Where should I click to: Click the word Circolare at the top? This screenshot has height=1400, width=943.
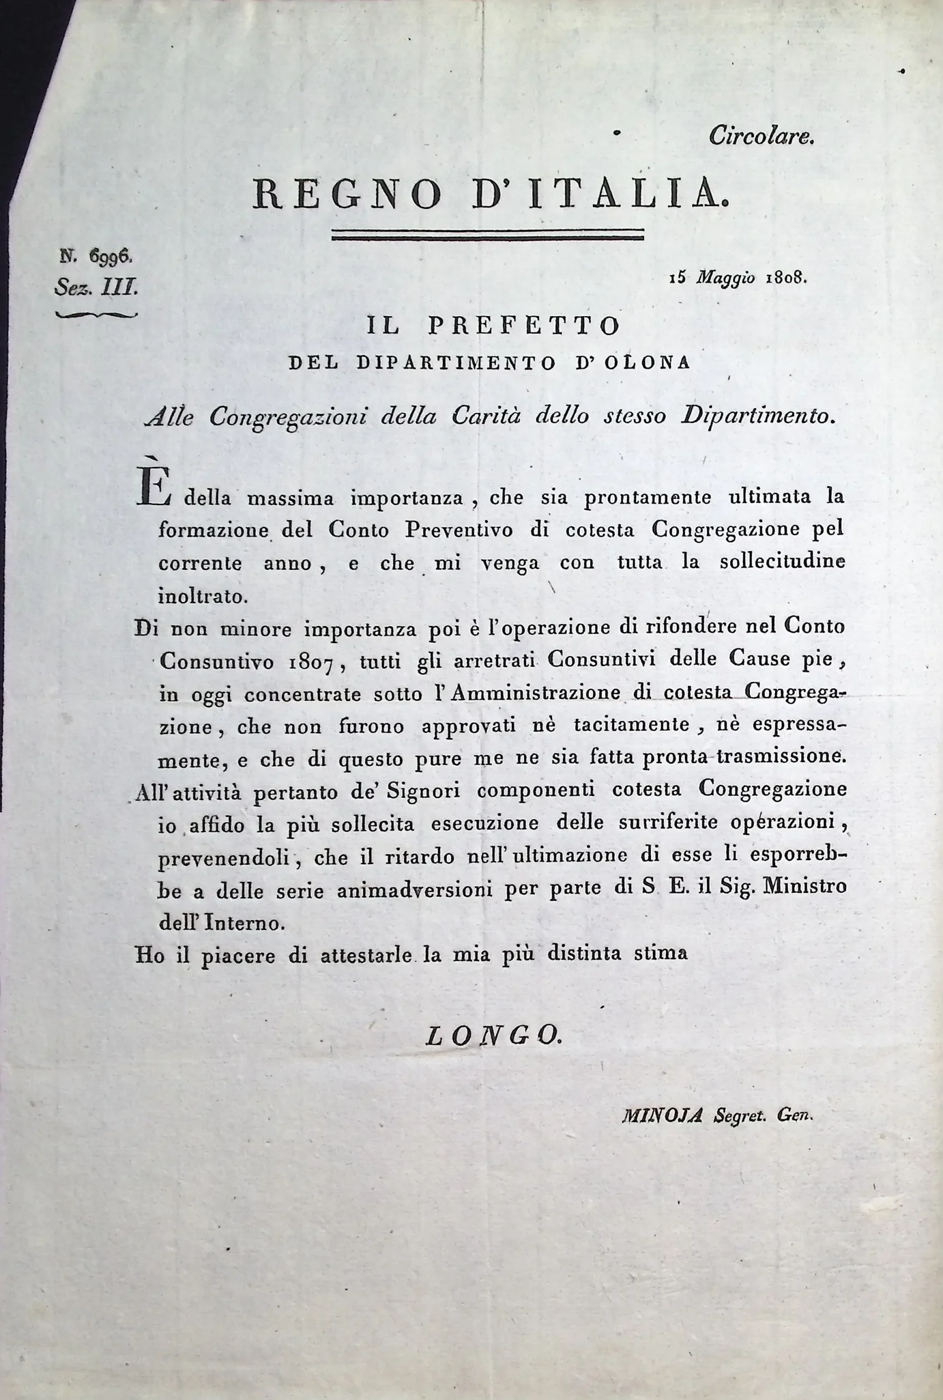pyautogui.click(x=761, y=137)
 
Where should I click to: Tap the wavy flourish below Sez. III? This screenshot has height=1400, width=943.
pyautogui.click(x=96, y=314)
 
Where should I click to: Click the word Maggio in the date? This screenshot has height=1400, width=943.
pyautogui.click(x=726, y=278)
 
